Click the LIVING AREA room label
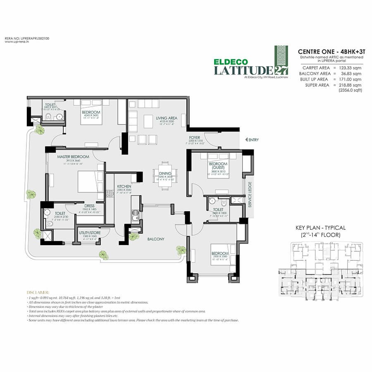167,118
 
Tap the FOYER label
195,138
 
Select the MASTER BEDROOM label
73,157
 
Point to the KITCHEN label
124,187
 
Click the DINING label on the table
165,174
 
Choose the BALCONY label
156,239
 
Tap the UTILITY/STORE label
90,233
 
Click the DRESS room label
89,205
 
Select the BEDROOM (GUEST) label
218,166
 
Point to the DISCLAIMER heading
38,292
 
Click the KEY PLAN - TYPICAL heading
320,228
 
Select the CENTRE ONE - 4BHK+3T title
329,51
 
